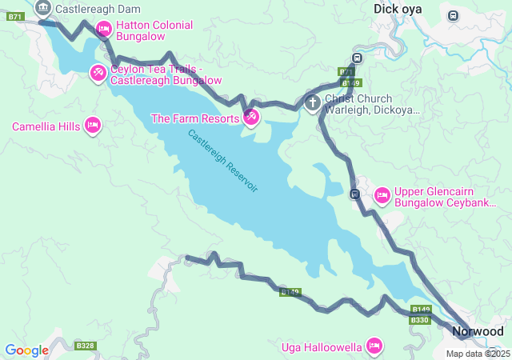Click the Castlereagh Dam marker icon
43,9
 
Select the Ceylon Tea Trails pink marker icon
98,74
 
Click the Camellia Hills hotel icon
93,126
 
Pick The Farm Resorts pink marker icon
251,118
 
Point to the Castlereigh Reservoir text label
223,160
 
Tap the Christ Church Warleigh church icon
313,102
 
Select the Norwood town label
478,331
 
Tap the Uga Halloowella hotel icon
373,346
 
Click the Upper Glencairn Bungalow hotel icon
382,194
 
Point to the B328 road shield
85,346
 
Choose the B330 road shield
420,320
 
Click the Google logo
26,350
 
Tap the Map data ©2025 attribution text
478,354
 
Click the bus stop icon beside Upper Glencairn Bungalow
354,194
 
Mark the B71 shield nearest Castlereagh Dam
15,16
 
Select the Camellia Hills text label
45,126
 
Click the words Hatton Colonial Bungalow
154,30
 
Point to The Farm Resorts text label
195,118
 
